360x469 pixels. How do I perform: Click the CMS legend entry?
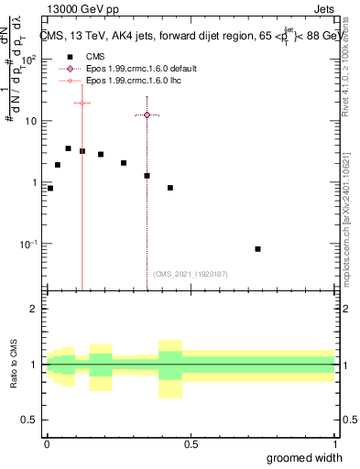click(95, 56)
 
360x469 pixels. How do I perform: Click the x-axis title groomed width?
click(304, 457)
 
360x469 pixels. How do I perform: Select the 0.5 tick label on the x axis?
click(191, 444)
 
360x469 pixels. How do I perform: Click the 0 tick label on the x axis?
click(47, 444)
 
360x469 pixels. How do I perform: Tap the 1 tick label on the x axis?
click(334, 444)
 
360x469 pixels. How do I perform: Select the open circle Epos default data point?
click(147, 115)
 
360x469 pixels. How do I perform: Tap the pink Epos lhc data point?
click(82, 103)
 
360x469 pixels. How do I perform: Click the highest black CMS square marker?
click(68, 148)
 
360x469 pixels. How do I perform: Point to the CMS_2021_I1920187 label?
click(190, 274)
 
